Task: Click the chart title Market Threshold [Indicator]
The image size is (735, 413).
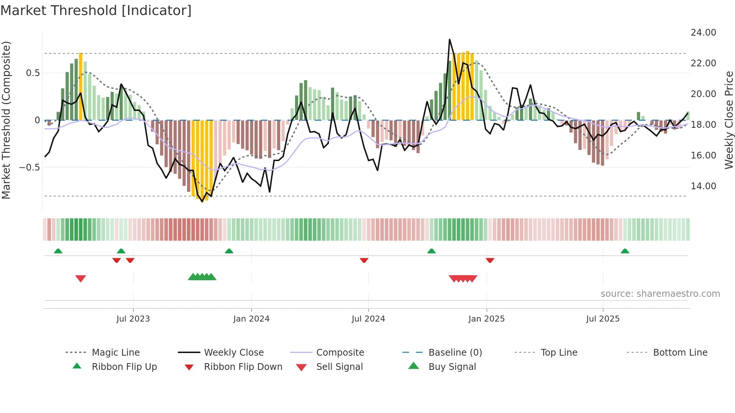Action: [x=96, y=10]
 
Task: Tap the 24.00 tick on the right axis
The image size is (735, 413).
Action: [x=703, y=33]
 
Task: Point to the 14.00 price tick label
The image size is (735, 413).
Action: [x=703, y=186]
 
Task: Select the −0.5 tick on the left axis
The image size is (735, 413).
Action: [x=29, y=168]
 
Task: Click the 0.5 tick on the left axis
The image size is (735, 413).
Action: [x=33, y=73]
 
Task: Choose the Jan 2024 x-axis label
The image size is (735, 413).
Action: [x=251, y=319]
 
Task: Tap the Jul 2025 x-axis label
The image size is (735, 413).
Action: [x=603, y=319]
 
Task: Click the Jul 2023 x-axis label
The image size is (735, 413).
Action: [x=133, y=319]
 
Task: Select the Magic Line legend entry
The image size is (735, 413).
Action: [x=115, y=353]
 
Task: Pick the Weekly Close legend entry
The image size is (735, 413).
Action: [x=234, y=353]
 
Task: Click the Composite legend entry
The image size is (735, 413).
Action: [x=340, y=353]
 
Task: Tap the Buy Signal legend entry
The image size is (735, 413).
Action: [x=452, y=367]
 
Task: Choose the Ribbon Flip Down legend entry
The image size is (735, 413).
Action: [x=243, y=367]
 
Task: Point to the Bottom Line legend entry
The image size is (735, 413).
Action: [x=680, y=353]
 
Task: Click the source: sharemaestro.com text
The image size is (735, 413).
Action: [x=660, y=294]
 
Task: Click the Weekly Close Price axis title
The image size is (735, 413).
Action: [x=729, y=120]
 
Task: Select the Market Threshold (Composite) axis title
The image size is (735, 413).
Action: [x=6, y=120]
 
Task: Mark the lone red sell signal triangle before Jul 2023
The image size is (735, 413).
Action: [x=81, y=278]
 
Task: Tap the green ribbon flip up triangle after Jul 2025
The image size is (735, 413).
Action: [x=625, y=251]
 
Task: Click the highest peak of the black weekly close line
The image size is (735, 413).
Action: [x=450, y=39]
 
